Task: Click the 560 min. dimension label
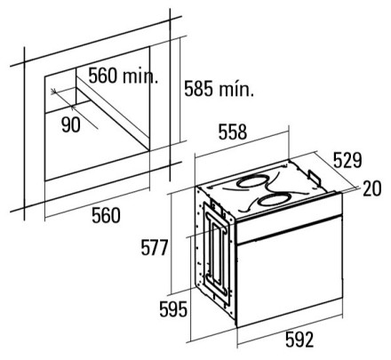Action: pyautogui.click(x=124, y=76)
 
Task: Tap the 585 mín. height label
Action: pyautogui.click(x=219, y=88)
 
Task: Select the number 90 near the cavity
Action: pyautogui.click(x=71, y=124)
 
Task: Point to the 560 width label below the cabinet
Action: pyautogui.click(x=106, y=215)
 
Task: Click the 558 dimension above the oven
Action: pyautogui.click(x=233, y=132)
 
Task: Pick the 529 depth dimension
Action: pyautogui.click(x=347, y=160)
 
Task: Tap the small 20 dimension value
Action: pyautogui.click(x=372, y=188)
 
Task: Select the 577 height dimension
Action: pyautogui.click(x=155, y=248)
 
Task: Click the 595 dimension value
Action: pyautogui.click(x=173, y=309)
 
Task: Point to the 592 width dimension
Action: pyautogui.click(x=299, y=340)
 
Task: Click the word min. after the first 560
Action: pyautogui.click(x=140, y=76)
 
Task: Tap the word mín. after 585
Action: pyautogui.click(x=236, y=89)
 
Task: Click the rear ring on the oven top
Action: pyautogui.click(x=253, y=181)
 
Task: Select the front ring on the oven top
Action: pyautogui.click(x=274, y=200)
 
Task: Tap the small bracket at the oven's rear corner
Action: pyautogui.click(x=314, y=177)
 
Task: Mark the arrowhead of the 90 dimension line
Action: pyautogui.click(x=54, y=92)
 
